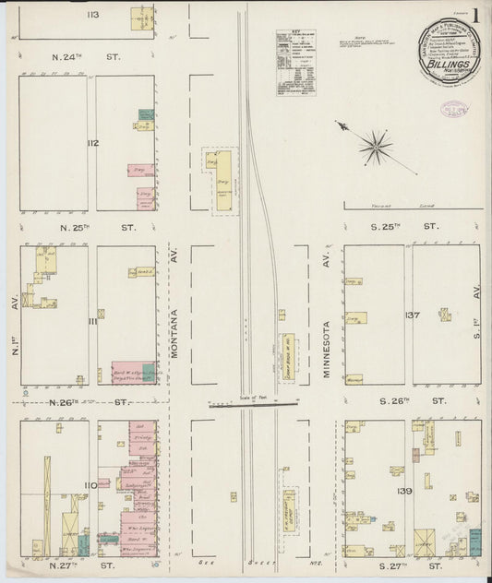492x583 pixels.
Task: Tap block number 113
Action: (93, 16)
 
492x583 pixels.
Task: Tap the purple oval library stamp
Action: (453, 108)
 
